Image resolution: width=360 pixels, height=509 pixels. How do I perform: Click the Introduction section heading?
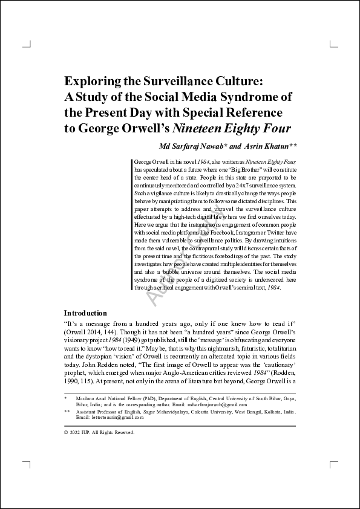coord(85,313)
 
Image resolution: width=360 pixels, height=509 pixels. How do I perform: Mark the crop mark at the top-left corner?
coord(26,44)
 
